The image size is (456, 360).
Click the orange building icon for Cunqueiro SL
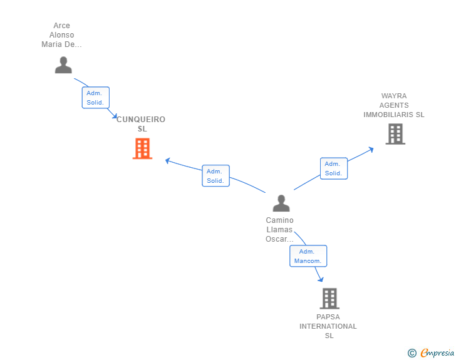143,148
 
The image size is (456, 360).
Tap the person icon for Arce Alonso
63,65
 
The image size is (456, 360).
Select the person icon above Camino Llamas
281,203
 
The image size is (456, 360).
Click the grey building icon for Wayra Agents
395,134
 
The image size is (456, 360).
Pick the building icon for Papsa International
329,299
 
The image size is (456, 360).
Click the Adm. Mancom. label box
308,256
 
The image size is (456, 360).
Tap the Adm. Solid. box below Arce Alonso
96,98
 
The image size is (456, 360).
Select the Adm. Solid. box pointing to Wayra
334,168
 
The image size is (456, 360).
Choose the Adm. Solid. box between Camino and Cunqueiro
215,176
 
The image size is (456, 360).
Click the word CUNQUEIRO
141,119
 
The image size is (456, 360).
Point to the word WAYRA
394,96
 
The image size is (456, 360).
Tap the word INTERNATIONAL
328,326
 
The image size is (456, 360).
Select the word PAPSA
328,317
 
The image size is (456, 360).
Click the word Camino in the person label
279,220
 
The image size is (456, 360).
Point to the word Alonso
61,35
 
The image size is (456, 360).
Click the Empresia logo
437,352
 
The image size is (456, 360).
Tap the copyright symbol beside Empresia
412,353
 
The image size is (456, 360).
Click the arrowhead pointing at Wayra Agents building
371,150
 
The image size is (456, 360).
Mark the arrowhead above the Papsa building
321,279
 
